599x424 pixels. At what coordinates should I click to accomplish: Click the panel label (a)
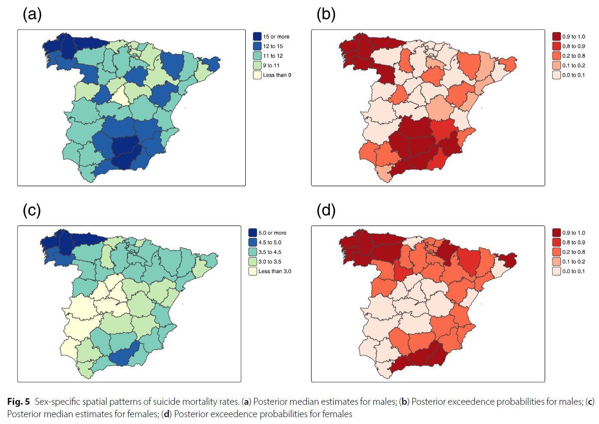pyautogui.click(x=32, y=14)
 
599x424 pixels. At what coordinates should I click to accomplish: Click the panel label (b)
pyautogui.click(x=326, y=14)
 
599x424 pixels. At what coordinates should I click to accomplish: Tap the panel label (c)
pyautogui.click(x=32, y=210)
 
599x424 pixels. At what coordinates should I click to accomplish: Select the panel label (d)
pyautogui.click(x=326, y=210)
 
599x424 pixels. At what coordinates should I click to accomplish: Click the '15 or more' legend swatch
pyautogui.click(x=257, y=36)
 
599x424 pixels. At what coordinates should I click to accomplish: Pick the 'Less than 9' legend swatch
pyautogui.click(x=257, y=75)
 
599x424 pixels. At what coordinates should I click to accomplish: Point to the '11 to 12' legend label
pyautogui.click(x=273, y=56)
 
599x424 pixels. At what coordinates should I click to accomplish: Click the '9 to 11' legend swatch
pyautogui.click(x=257, y=65)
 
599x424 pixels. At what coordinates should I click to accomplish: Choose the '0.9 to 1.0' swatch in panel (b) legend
pyautogui.click(x=556, y=36)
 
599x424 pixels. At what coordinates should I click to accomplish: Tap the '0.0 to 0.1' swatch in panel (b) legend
pyautogui.click(x=556, y=75)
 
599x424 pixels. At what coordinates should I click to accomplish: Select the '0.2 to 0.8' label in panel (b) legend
pyautogui.click(x=574, y=56)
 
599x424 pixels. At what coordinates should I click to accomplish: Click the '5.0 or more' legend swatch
pyautogui.click(x=253, y=233)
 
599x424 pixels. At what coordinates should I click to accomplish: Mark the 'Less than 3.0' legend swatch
pyautogui.click(x=253, y=271)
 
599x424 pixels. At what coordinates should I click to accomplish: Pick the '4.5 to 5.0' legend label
pyautogui.click(x=270, y=243)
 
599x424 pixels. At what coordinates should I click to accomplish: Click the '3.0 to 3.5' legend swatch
pyautogui.click(x=253, y=261)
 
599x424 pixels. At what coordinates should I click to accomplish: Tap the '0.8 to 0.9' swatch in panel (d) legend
pyautogui.click(x=556, y=243)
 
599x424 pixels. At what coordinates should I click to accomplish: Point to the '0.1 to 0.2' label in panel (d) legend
pyautogui.click(x=574, y=262)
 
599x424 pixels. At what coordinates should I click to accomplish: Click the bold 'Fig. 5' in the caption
pyautogui.click(x=18, y=402)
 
